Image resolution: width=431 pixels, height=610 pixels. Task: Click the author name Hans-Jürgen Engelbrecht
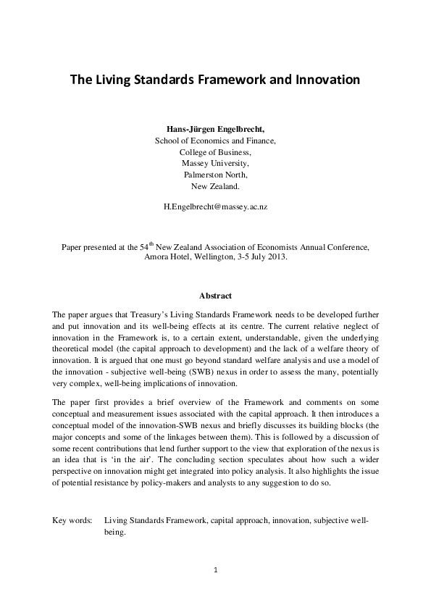[x=214, y=130]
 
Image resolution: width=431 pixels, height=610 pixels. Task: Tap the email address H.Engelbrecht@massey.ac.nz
[x=215, y=206]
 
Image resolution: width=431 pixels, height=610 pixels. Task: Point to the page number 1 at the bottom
[x=215, y=571]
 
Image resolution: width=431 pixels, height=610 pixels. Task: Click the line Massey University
[x=215, y=163]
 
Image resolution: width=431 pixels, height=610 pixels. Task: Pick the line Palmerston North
[x=215, y=175]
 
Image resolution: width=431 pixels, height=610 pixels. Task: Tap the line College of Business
[x=215, y=152]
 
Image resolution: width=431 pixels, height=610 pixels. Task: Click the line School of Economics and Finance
[x=215, y=141]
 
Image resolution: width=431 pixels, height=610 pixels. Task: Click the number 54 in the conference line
[x=143, y=246]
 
